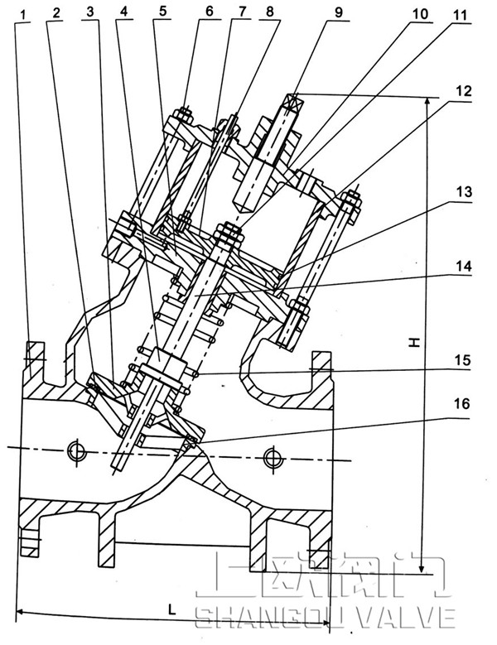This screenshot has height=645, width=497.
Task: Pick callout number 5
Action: coord(162,12)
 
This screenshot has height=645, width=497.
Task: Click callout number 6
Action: coord(209,12)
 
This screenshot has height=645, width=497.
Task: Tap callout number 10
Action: coord(420,14)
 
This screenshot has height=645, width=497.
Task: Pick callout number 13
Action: coord(463,191)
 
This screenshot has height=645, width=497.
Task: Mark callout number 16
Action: coord(465,403)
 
